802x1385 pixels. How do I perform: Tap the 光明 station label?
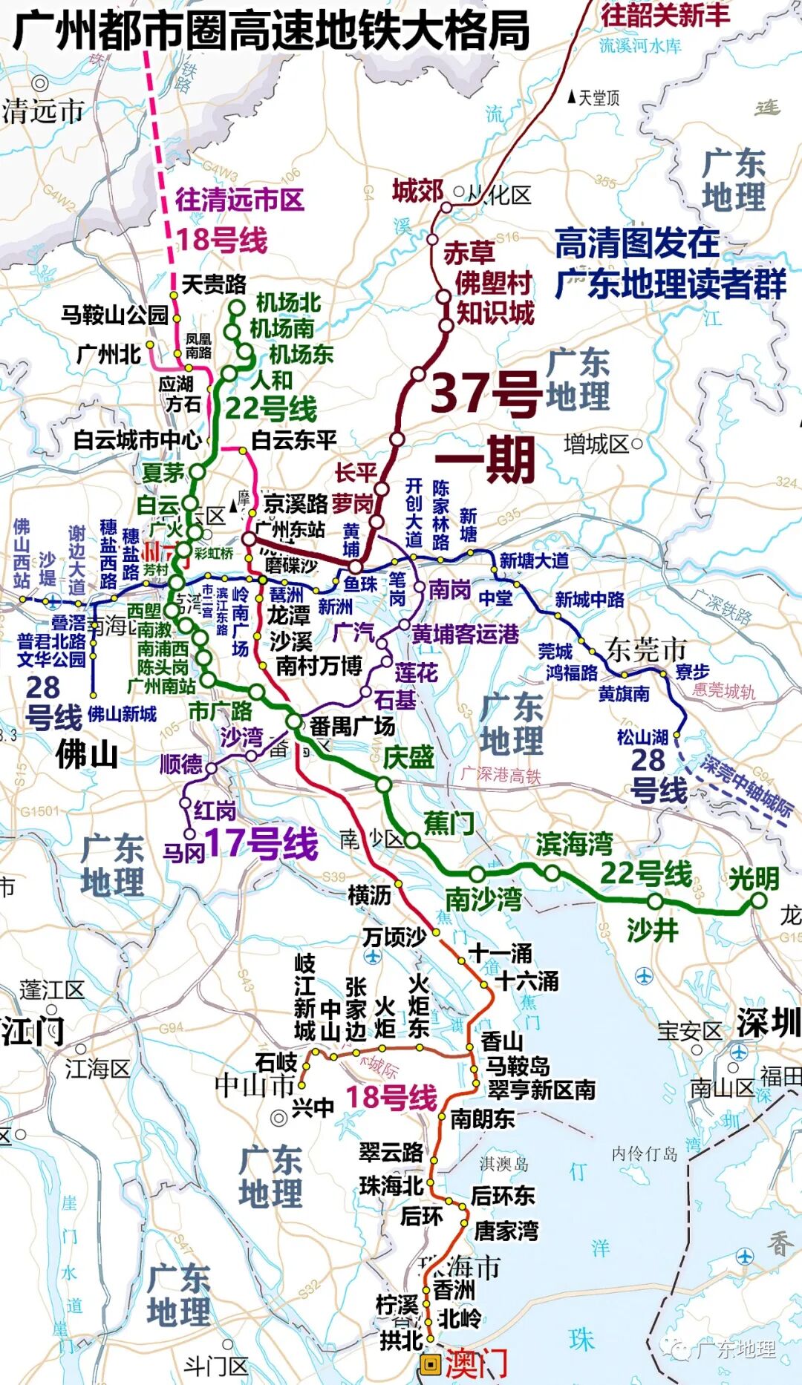[x=753, y=878]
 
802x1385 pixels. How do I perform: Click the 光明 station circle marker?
[x=758, y=901]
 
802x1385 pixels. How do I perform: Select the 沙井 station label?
[x=652, y=929]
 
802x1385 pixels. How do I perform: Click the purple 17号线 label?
[x=261, y=844]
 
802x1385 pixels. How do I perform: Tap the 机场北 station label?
[x=288, y=303]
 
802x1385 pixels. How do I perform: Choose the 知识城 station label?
[x=495, y=312]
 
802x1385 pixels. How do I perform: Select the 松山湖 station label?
[x=642, y=737]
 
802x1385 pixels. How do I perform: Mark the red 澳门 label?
[x=476, y=1364]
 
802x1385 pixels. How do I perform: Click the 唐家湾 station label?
[x=506, y=1231]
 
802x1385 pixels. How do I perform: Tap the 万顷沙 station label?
[x=394, y=937]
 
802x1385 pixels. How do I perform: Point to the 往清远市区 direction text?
[x=239, y=199]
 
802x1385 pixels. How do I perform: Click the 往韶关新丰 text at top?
[x=665, y=14]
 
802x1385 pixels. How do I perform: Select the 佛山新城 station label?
[x=122, y=714]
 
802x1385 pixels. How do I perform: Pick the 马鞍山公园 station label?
[x=114, y=315]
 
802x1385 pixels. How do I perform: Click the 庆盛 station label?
[x=408, y=757]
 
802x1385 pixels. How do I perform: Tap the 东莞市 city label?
[x=646, y=649]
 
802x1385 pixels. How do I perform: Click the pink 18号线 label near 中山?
[x=391, y=1098]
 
